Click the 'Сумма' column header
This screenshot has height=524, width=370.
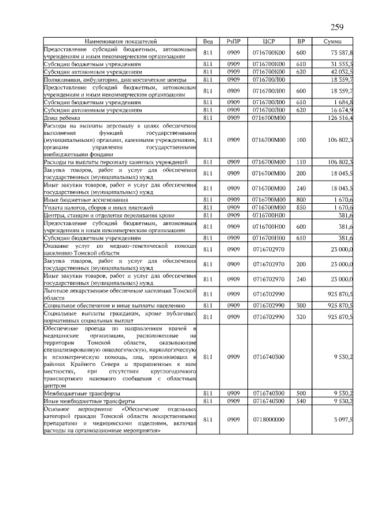[x=332, y=42]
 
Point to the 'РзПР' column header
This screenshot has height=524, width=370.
[x=234, y=42]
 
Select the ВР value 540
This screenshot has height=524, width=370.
[x=301, y=401]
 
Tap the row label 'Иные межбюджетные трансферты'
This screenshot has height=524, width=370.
[x=89, y=401]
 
